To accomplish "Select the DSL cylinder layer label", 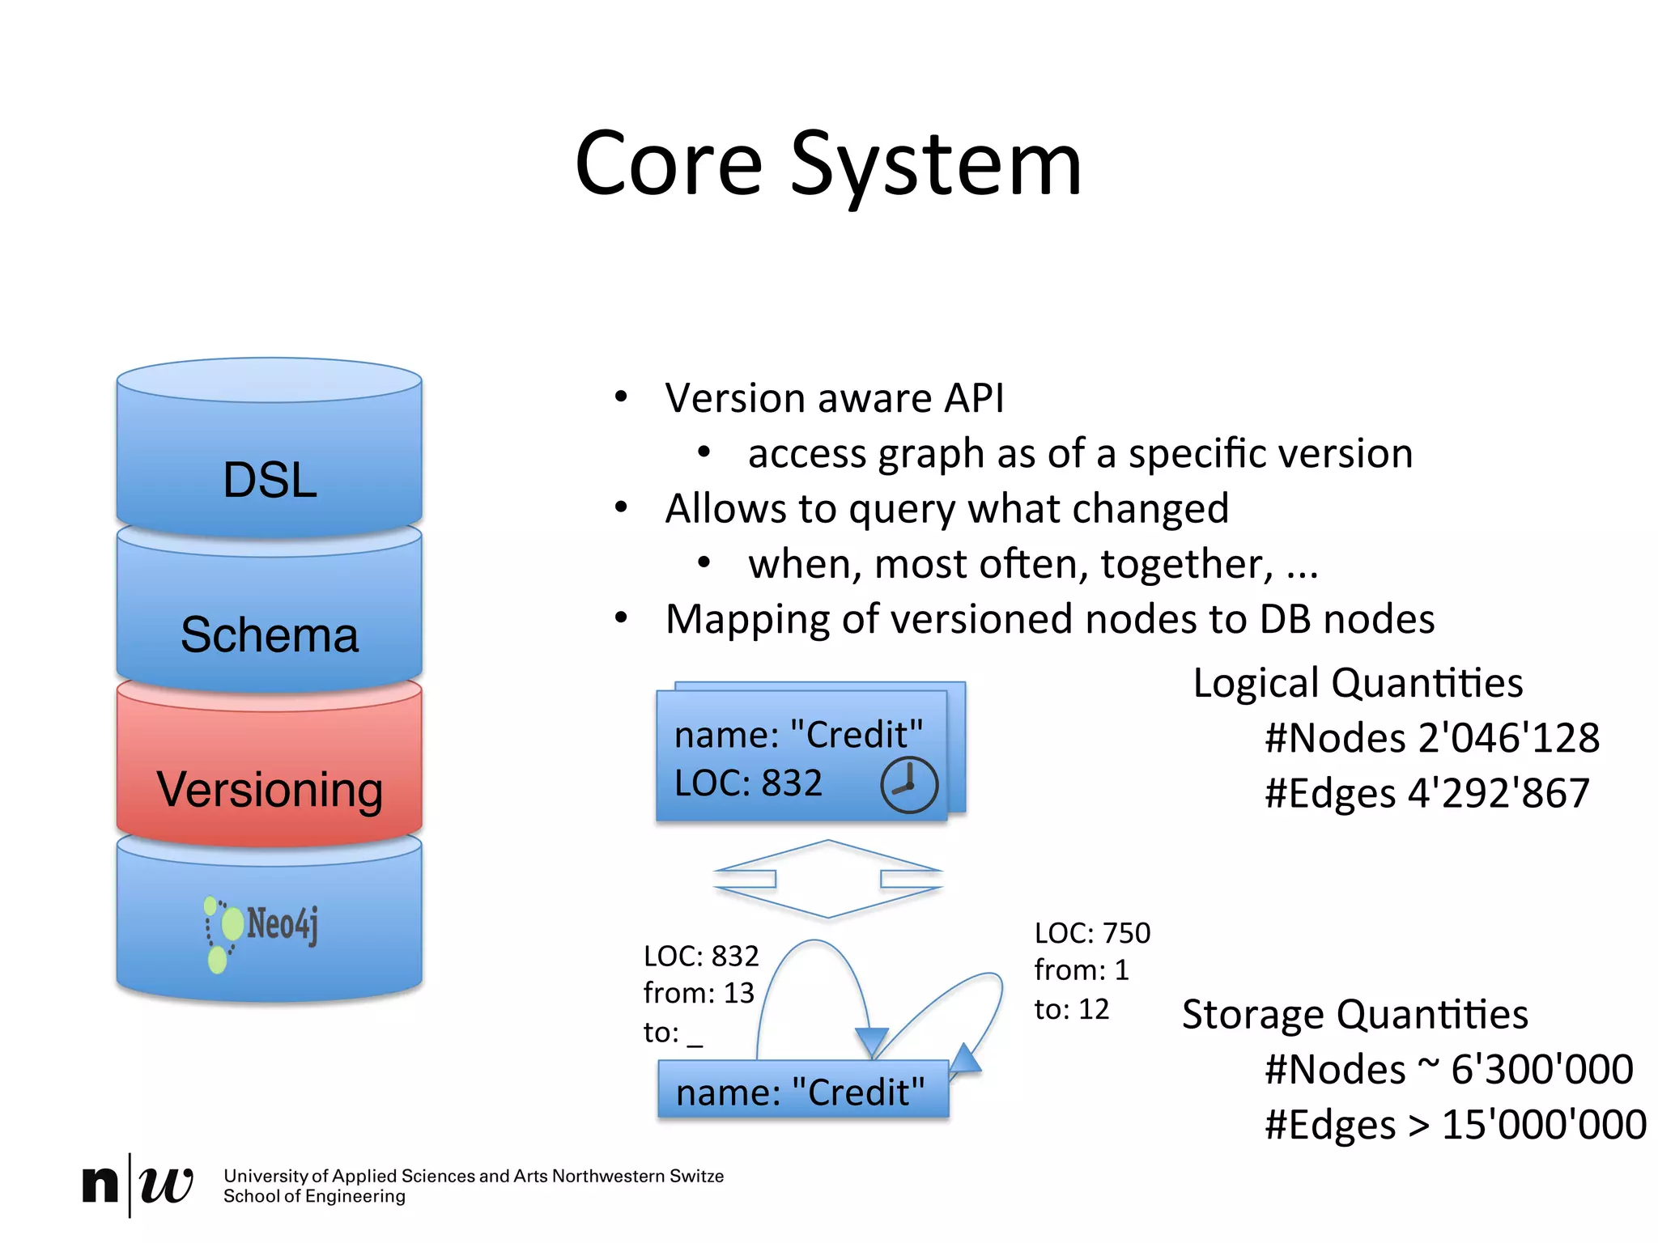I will click(x=270, y=480).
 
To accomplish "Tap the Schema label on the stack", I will click(x=270, y=634).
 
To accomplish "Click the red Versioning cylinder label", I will click(x=270, y=790).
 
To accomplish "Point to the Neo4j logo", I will click(x=261, y=931).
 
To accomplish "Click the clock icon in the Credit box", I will click(x=908, y=785).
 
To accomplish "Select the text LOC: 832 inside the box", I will click(x=748, y=783).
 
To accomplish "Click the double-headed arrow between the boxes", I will click(x=827, y=879).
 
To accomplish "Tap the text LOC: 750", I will click(x=1092, y=933).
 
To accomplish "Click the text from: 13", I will click(x=698, y=993).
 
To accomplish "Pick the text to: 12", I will click(x=1071, y=1009).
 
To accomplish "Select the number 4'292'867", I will click(x=1499, y=793).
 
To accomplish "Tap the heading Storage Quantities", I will click(x=1354, y=1014).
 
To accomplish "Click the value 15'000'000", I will click(x=1544, y=1125).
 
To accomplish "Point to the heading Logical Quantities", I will click(x=1358, y=683).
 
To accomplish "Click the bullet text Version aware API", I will click(x=834, y=398).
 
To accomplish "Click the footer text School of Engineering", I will click(x=314, y=1197).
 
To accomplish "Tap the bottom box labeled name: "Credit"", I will click(x=801, y=1092).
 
